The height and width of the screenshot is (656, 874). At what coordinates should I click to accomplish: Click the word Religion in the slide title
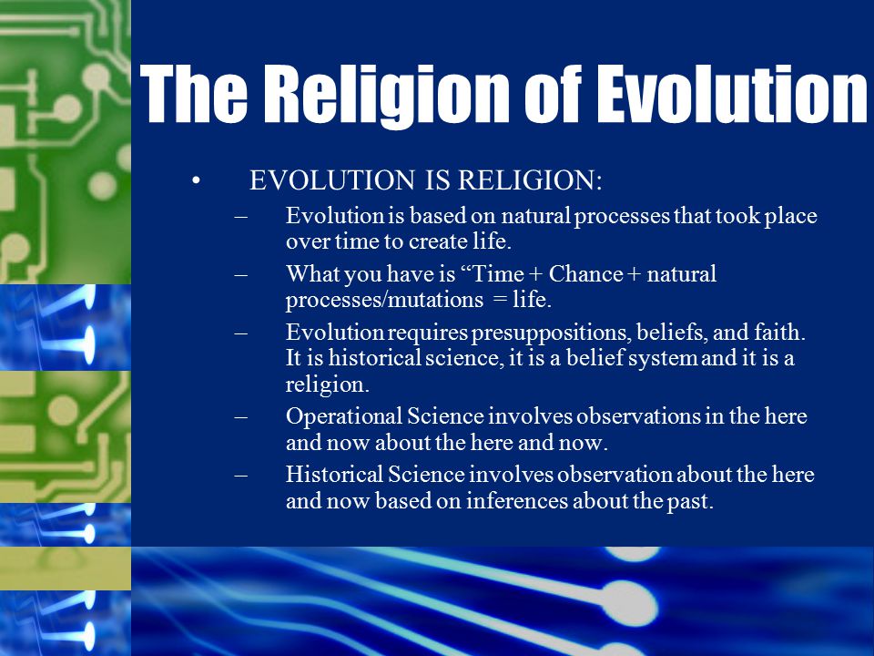(x=386, y=95)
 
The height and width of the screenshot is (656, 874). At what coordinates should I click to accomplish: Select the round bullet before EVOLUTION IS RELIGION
(x=195, y=180)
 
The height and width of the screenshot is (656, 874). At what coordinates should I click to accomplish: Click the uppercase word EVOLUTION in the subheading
(x=332, y=180)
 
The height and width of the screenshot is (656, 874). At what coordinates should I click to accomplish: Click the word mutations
(x=435, y=300)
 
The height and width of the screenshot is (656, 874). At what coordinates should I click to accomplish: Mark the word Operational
(x=344, y=416)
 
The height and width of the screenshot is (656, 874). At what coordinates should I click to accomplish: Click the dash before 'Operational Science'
(x=240, y=416)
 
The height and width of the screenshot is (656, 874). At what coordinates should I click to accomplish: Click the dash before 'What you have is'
(x=240, y=274)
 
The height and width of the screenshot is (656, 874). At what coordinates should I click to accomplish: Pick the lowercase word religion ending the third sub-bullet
(x=328, y=384)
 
